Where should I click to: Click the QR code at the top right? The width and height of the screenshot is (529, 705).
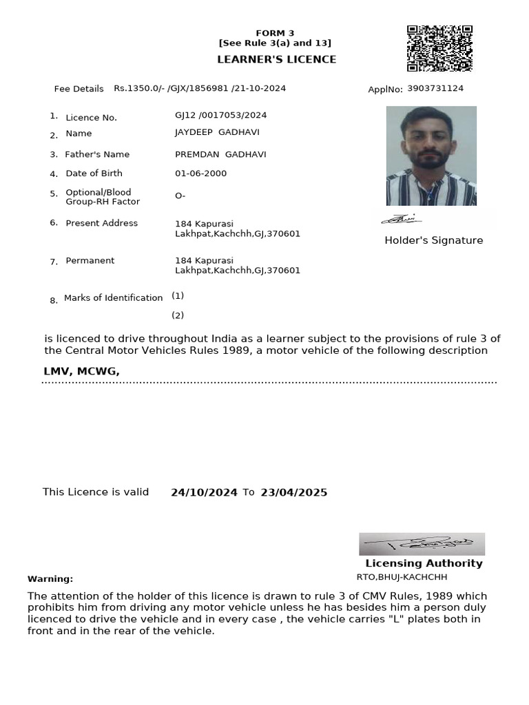439,48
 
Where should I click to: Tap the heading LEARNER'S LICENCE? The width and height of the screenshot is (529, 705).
276,59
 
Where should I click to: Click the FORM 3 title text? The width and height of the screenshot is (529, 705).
275,33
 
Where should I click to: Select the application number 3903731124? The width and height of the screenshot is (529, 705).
435,89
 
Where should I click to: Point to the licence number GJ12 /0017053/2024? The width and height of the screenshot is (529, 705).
220,115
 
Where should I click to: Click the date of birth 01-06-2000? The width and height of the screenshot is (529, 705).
200,173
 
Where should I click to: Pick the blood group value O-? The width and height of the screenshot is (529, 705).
180,196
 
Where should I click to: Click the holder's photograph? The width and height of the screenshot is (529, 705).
431,156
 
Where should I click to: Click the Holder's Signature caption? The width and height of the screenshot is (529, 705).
433,240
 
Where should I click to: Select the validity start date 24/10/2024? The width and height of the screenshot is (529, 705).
204,493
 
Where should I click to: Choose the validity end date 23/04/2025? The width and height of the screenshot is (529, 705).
293,493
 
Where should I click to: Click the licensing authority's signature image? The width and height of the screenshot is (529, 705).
422,544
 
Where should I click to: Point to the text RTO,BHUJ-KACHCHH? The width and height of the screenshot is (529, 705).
402,577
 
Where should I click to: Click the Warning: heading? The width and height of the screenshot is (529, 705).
50,579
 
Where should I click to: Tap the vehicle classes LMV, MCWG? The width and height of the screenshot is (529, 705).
81,372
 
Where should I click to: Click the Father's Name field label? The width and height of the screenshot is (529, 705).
97,154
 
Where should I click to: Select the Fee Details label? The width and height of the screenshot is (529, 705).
79,89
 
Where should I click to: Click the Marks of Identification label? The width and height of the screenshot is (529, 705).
113,298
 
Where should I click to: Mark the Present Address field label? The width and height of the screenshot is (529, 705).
101,223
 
